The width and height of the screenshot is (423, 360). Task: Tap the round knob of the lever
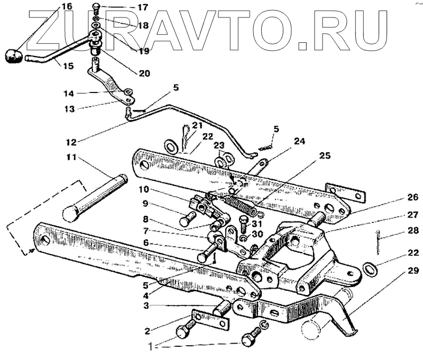click(13, 56)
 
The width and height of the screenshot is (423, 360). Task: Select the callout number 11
click(71, 158)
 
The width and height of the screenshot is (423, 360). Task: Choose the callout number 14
click(69, 93)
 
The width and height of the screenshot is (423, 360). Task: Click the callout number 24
click(299, 142)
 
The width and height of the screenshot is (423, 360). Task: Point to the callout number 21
click(197, 125)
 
